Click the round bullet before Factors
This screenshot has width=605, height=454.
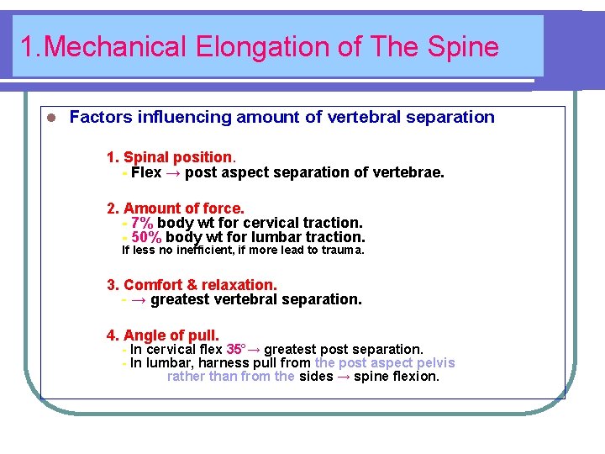(x=50, y=118)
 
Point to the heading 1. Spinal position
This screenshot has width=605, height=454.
(x=171, y=157)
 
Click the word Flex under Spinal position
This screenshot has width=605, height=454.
(x=146, y=172)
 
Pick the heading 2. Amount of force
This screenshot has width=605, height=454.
(x=175, y=208)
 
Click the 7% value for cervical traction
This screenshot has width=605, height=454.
(x=141, y=223)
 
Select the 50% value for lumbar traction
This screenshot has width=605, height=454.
(x=146, y=237)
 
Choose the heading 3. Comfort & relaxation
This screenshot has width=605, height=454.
(x=192, y=285)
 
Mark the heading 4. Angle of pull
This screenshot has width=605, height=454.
(x=163, y=335)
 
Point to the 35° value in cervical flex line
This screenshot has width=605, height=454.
(x=235, y=349)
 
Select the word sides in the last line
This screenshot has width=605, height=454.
(x=316, y=377)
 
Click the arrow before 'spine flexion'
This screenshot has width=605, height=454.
(x=344, y=377)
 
